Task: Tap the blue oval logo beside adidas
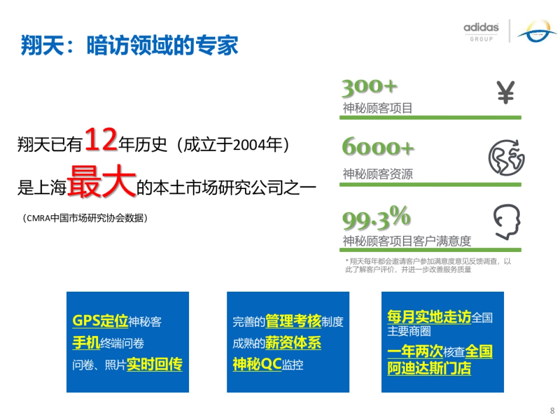coord(536,31)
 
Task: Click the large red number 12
coord(101,140)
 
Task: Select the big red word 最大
coord(101,182)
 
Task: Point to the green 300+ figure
coord(370,87)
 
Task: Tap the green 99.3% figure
coord(377,219)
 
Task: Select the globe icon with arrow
coord(506,157)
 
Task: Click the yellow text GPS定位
coord(100,321)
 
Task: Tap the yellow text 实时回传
coord(154,364)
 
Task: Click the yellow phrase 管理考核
coord(293,321)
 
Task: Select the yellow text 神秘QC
coord(257,364)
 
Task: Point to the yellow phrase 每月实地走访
coord(429,317)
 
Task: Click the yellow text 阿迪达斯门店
coord(429,368)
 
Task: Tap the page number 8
coord(553,411)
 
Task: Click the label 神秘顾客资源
coord(378,175)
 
